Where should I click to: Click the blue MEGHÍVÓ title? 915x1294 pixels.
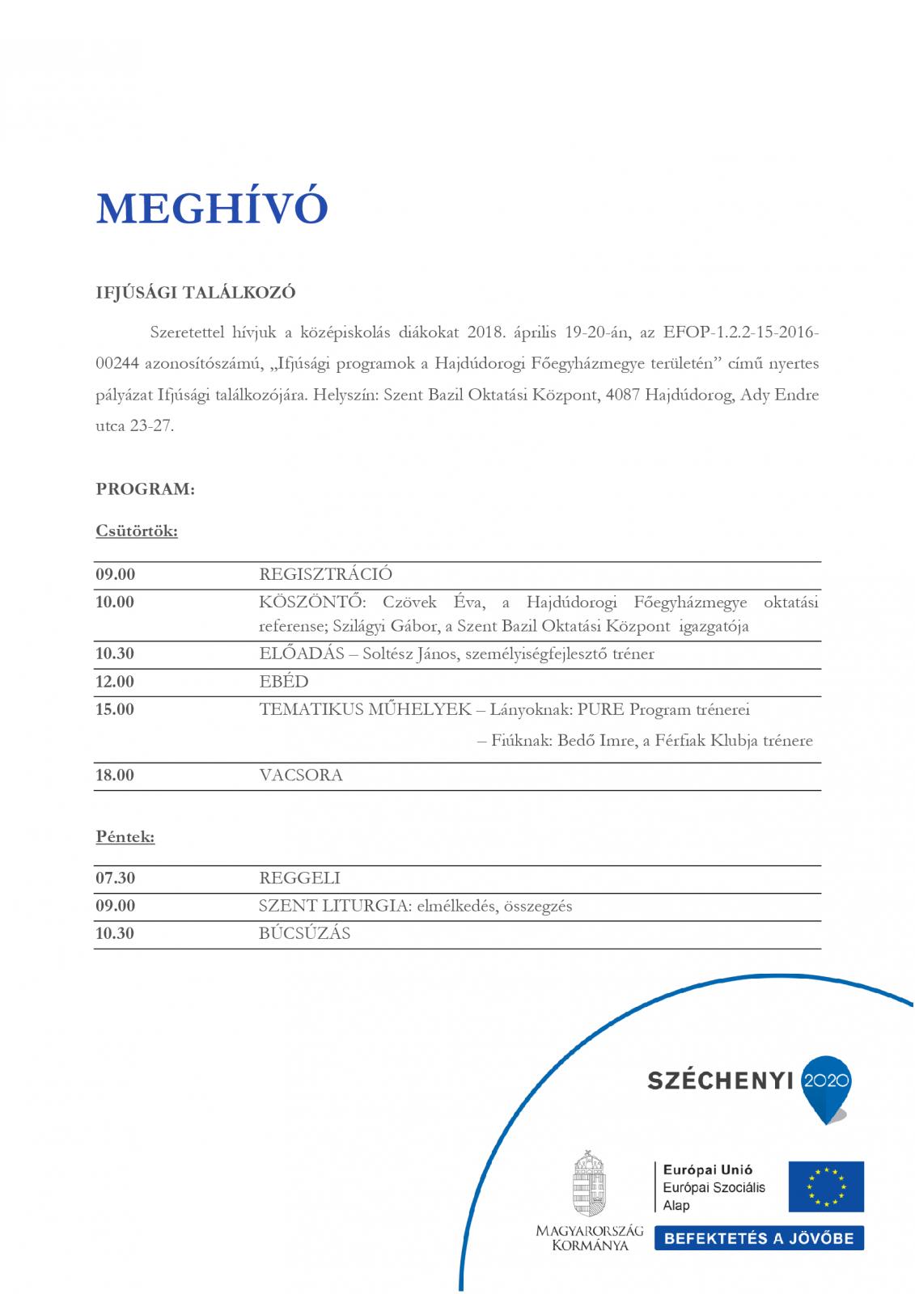pos(212,209)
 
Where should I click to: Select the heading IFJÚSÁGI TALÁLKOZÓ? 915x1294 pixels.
pos(196,293)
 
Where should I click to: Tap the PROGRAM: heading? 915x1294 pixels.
pos(146,489)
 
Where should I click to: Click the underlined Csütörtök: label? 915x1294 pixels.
pos(137,531)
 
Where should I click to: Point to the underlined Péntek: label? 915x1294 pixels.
pos(125,837)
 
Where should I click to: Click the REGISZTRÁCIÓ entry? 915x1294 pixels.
pos(325,575)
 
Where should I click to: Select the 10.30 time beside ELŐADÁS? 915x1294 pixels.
pos(115,653)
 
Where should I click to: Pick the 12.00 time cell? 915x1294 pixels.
pos(115,682)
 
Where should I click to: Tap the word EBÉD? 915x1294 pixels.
pos(284,682)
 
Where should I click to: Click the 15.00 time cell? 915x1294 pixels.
pos(115,710)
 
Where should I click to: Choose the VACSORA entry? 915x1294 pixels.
pos(301,776)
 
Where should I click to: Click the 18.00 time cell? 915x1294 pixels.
pos(115,776)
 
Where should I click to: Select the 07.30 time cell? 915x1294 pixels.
pos(115,877)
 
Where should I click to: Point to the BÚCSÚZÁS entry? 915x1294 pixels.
pos(304,933)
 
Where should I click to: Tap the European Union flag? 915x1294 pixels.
pos(826,1186)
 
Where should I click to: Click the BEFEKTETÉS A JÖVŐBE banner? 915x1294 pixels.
pos(759,1238)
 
